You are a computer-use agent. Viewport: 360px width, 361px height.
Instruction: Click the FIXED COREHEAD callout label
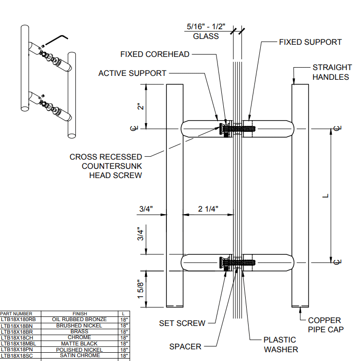coord(155,54)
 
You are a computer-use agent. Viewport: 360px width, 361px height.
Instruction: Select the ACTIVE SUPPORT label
coord(132,73)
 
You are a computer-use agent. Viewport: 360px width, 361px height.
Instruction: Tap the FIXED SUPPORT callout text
coord(310,42)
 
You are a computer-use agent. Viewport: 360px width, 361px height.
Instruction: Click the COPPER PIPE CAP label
coord(324,325)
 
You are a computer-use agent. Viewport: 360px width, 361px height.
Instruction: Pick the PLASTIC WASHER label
coord(281,344)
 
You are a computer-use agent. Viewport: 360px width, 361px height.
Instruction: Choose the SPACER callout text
coord(185,346)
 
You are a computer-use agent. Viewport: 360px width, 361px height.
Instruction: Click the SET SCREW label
coord(182,323)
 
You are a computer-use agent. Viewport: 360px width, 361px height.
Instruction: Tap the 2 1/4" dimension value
coord(208,209)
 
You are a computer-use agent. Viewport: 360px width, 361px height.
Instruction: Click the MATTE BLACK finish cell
coord(79,343)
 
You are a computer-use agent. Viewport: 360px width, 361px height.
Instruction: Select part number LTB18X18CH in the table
coord(17,337)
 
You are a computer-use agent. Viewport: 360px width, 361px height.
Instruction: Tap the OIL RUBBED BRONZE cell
coord(79,319)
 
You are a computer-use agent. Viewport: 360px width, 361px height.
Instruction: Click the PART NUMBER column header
coord(17,314)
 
